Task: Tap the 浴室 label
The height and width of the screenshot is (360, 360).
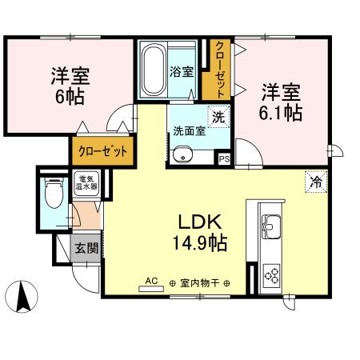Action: pos(182,72)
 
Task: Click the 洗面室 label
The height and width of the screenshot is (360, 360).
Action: pos(189,132)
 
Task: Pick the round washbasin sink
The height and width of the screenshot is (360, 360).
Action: pos(184,154)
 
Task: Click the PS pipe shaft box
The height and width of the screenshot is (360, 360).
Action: pos(225,159)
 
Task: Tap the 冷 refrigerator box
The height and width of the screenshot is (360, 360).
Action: pos(317,182)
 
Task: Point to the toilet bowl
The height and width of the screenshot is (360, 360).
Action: pos(53,194)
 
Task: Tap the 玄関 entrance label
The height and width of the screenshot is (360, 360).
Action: pos(86,248)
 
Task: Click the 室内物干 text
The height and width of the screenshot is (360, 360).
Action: pos(199,282)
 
